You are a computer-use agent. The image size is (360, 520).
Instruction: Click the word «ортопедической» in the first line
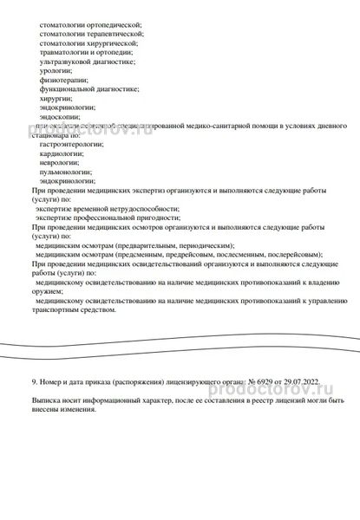[114, 26]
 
